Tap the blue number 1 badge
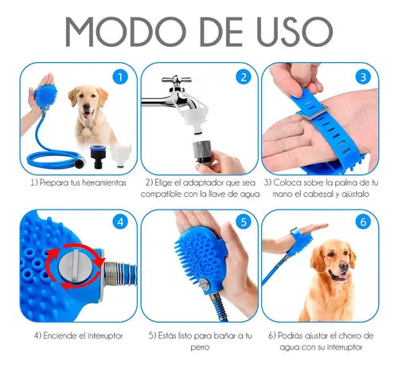(x=119, y=77)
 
